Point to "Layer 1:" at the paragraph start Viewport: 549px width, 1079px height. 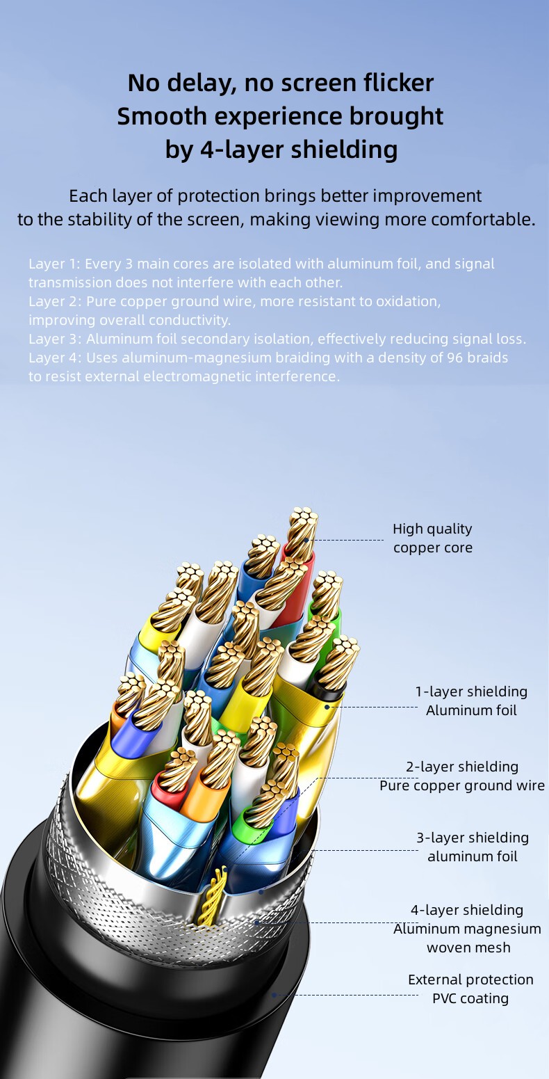click(x=54, y=264)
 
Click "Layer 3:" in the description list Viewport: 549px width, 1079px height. click(x=55, y=339)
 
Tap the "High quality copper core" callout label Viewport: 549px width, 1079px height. click(x=432, y=538)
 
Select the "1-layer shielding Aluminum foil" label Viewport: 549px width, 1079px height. click(x=471, y=701)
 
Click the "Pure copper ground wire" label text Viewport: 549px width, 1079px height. click(x=462, y=785)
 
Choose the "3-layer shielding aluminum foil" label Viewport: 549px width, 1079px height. click(x=472, y=847)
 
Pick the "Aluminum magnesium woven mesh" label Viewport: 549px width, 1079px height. click(x=467, y=938)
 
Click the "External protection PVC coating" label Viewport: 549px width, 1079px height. click(x=470, y=989)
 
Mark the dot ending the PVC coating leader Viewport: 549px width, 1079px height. click(x=274, y=994)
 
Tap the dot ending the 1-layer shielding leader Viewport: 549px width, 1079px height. click(x=327, y=707)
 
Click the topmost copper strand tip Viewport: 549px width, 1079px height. click(x=304, y=513)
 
